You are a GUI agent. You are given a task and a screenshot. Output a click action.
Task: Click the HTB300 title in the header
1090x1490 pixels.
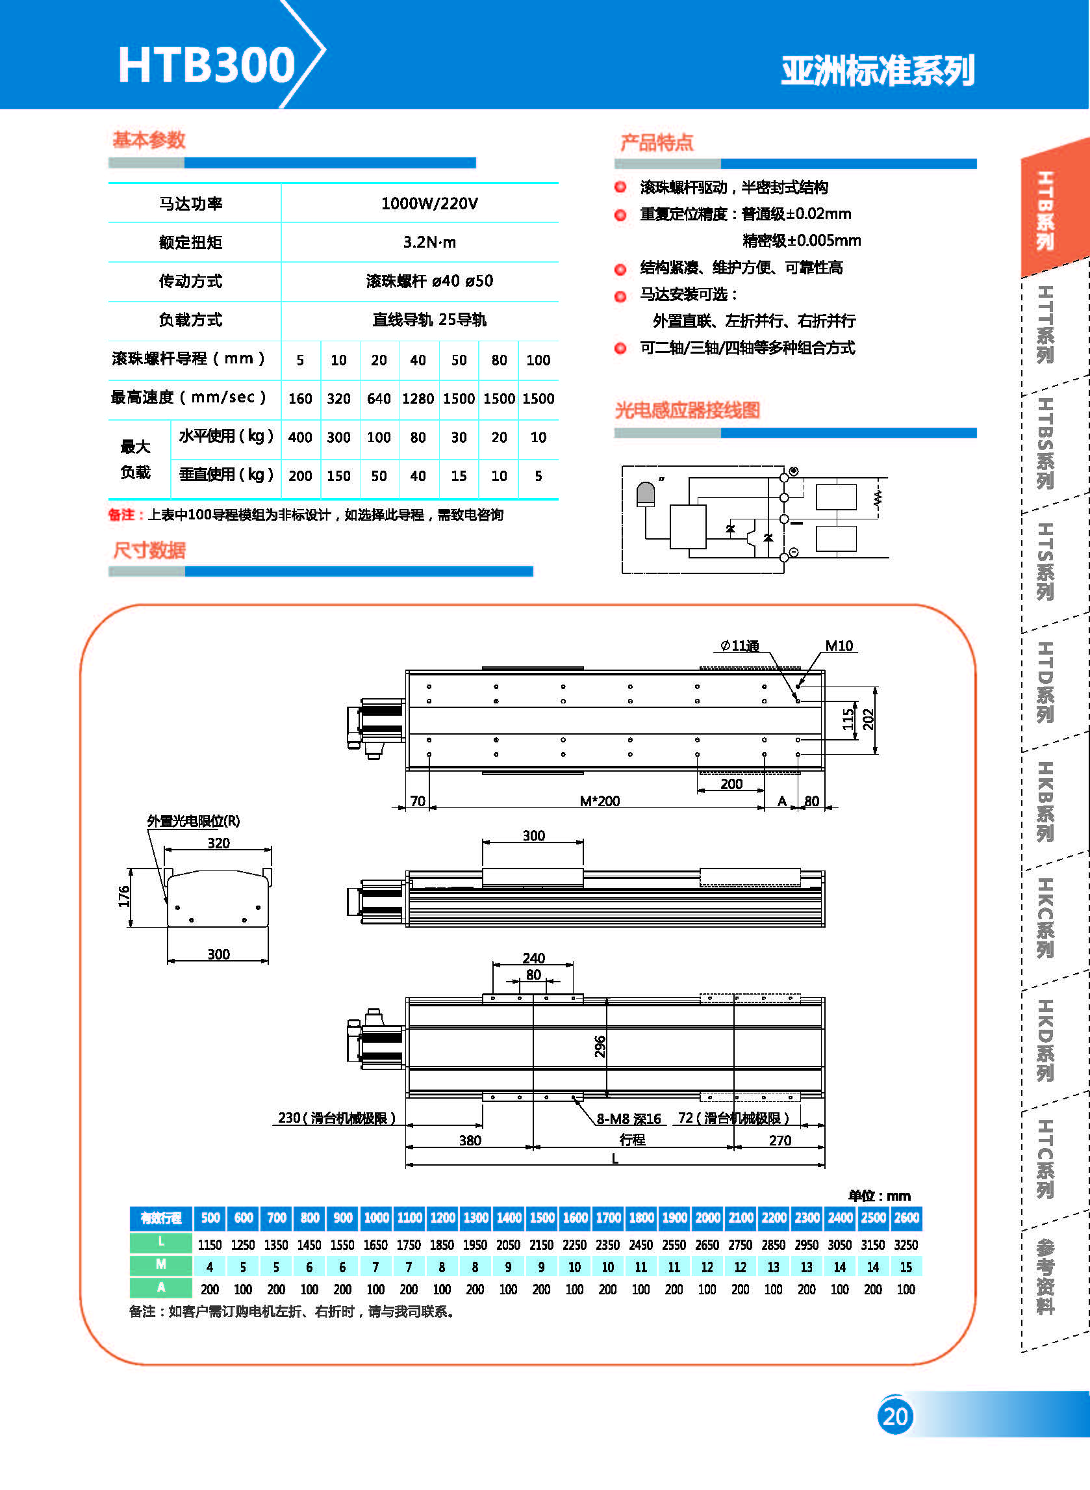tap(206, 65)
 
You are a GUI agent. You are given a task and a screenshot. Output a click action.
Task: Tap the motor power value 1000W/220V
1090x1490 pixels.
tap(429, 203)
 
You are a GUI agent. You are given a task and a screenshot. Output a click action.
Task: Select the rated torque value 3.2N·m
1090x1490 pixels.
tap(429, 242)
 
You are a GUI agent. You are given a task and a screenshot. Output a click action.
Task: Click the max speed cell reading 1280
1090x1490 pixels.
tap(418, 399)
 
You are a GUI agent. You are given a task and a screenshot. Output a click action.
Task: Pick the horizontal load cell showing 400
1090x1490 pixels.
tap(300, 437)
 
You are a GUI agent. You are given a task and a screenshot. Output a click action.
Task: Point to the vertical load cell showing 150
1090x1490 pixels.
tap(338, 476)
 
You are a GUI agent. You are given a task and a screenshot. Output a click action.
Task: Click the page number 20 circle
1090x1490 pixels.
tap(894, 1416)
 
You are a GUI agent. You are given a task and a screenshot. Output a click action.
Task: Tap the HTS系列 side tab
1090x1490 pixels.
tap(1045, 561)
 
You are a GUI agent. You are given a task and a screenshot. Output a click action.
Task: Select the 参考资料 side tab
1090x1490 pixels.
tap(1045, 1277)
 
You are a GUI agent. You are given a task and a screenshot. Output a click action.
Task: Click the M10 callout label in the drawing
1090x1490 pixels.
tap(839, 646)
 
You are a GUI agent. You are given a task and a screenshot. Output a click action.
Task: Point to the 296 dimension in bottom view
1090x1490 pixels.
tap(600, 1047)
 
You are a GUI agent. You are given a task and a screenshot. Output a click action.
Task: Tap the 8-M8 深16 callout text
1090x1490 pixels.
tap(628, 1118)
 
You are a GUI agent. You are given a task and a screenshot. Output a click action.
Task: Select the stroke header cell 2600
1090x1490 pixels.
tap(906, 1218)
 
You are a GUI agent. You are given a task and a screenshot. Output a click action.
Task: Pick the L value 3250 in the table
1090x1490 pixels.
tap(906, 1244)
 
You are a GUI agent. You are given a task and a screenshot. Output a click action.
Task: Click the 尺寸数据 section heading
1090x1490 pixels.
tap(149, 550)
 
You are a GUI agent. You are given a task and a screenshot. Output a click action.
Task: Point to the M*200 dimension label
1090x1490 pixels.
tap(599, 801)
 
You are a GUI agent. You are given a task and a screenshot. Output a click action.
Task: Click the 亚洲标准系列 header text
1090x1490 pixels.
tap(878, 72)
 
